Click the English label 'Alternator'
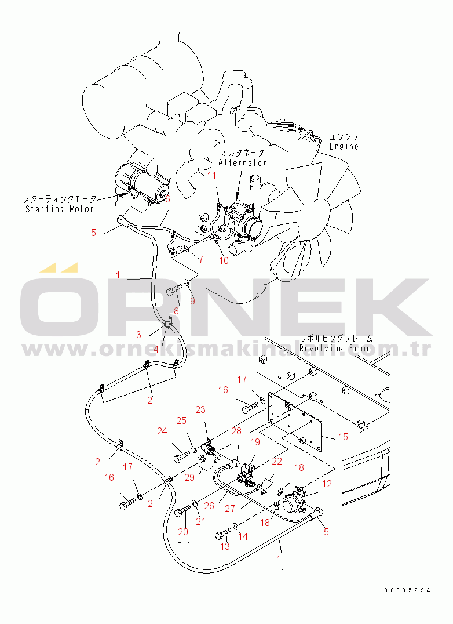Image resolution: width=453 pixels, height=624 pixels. coord(242,163)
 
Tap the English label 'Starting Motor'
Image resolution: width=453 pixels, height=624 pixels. coord(59,209)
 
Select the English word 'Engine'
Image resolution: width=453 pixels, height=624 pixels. coord(344,147)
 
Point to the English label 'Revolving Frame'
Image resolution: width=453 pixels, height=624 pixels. coord(336,348)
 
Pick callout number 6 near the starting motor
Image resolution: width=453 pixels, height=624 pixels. coord(167,199)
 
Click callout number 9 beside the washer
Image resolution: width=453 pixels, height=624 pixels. coord(192,301)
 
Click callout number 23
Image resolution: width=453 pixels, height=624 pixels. coord(200,409)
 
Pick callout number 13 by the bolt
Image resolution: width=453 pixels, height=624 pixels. coord(225,546)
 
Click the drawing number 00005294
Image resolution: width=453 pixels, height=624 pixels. coord(407,590)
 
